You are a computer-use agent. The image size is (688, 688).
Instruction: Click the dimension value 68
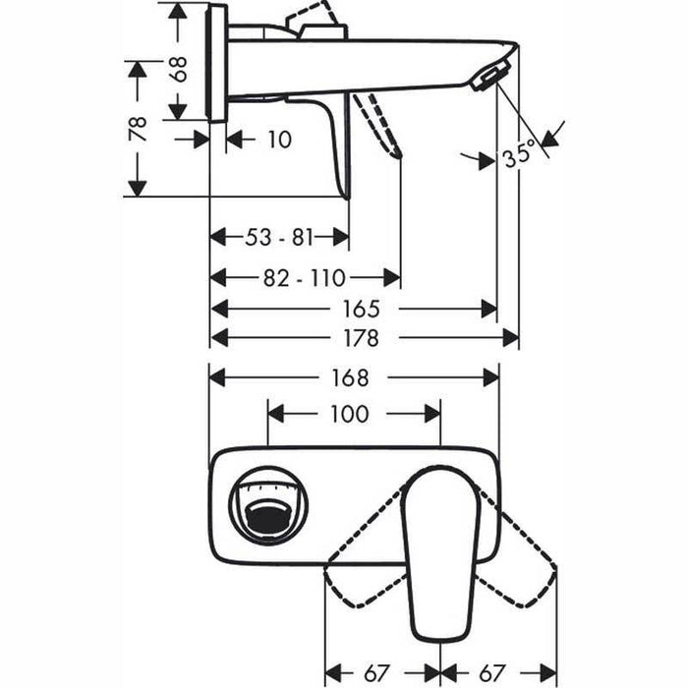point(178,69)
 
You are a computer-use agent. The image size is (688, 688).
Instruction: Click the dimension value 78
point(138,128)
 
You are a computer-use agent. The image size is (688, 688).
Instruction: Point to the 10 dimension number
point(279,140)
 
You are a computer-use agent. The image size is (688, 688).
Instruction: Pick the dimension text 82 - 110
point(305,278)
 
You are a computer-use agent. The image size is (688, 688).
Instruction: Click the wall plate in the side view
point(218,62)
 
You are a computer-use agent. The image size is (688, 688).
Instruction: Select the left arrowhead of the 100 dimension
point(276,414)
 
